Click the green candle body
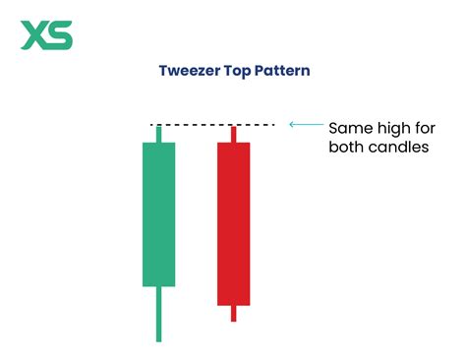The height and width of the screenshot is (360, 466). coord(158,214)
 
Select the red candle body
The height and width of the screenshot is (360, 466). coord(233,223)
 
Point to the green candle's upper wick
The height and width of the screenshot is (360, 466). coord(158,134)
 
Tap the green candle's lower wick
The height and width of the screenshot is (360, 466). coord(158,314)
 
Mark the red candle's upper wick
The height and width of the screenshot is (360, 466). coord(233,134)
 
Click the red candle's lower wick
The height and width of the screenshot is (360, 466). coord(233,313)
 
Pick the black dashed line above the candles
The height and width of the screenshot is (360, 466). coord(211,125)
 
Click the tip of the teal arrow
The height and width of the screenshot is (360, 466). coord(290,125)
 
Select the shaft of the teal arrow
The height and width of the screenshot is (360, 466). coord(307,125)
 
